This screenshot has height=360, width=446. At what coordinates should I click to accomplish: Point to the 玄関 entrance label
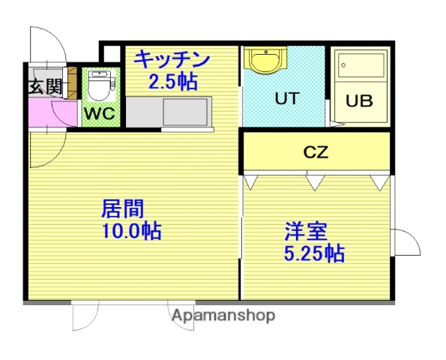[x=45, y=86]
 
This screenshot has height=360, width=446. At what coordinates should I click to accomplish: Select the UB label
[x=359, y=101]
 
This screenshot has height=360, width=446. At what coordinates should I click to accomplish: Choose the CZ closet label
[x=316, y=152]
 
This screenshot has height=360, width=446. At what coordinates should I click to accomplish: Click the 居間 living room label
[x=122, y=208]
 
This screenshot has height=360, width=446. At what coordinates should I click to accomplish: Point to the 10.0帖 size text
[x=132, y=230]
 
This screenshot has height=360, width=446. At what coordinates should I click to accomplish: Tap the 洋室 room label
[x=305, y=231]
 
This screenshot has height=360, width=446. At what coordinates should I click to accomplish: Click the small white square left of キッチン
[x=110, y=54]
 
